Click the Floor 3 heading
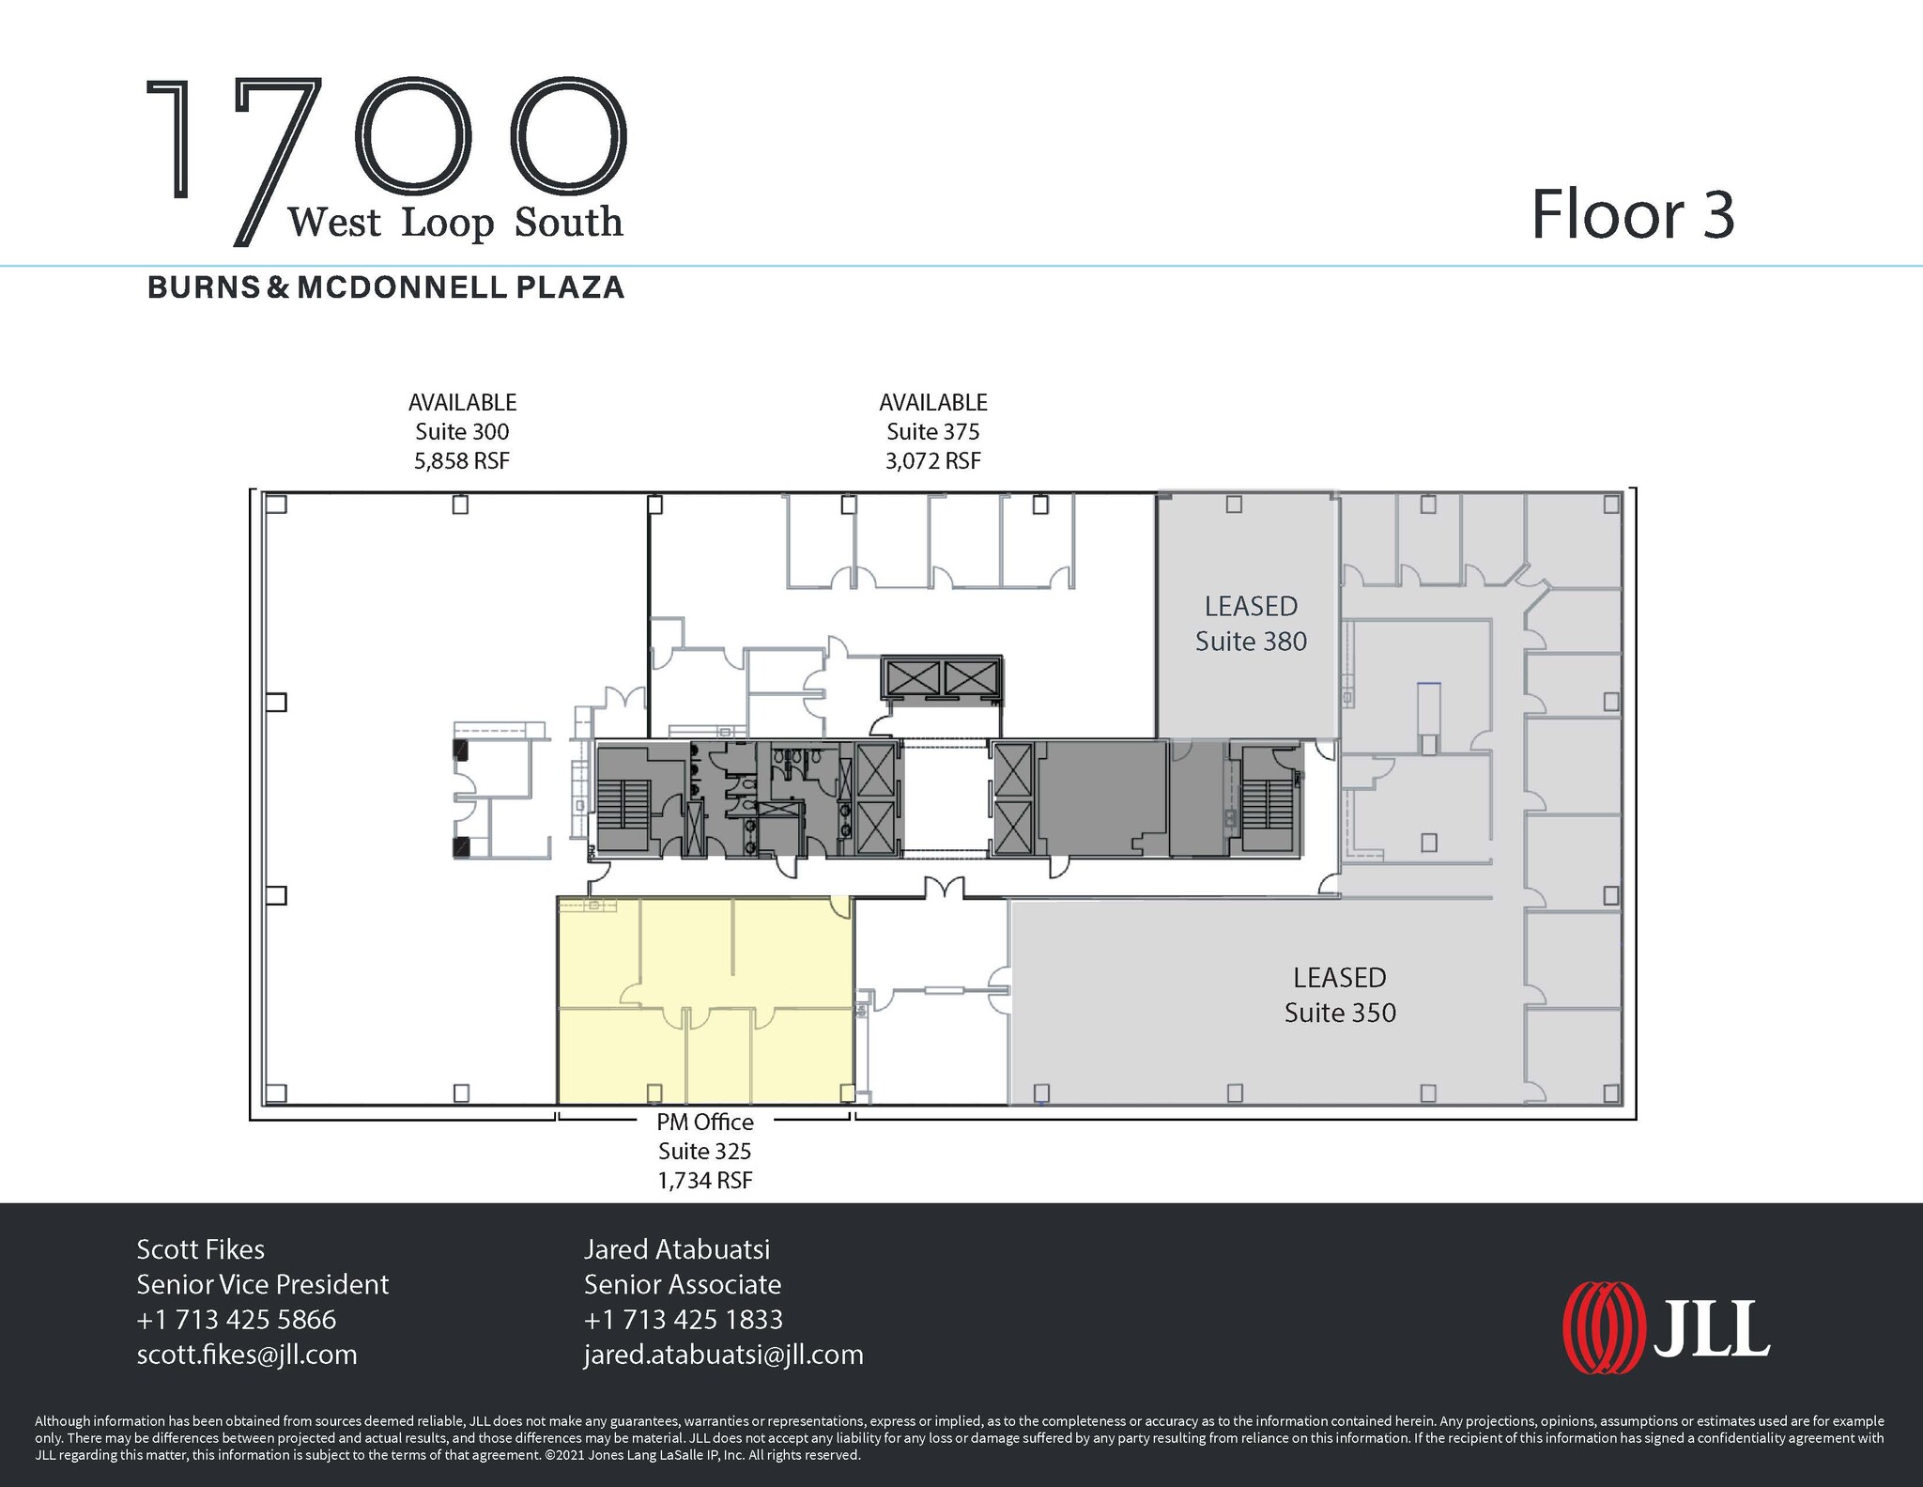[x=1632, y=216]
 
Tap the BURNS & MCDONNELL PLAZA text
[x=386, y=287]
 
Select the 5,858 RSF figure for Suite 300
[x=462, y=461]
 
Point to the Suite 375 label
[x=932, y=431]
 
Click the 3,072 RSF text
[x=932, y=461]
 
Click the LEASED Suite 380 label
[x=1250, y=624]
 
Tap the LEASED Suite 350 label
[x=1339, y=995]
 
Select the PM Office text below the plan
[x=704, y=1122]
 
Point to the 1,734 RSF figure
[x=704, y=1181]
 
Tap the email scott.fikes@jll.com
[x=247, y=1355]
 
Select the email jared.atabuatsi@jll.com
[x=723, y=1355]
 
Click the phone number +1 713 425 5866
[x=236, y=1320]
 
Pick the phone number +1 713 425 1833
[x=683, y=1320]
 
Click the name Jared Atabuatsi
[x=676, y=1249]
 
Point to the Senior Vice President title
[x=262, y=1284]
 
